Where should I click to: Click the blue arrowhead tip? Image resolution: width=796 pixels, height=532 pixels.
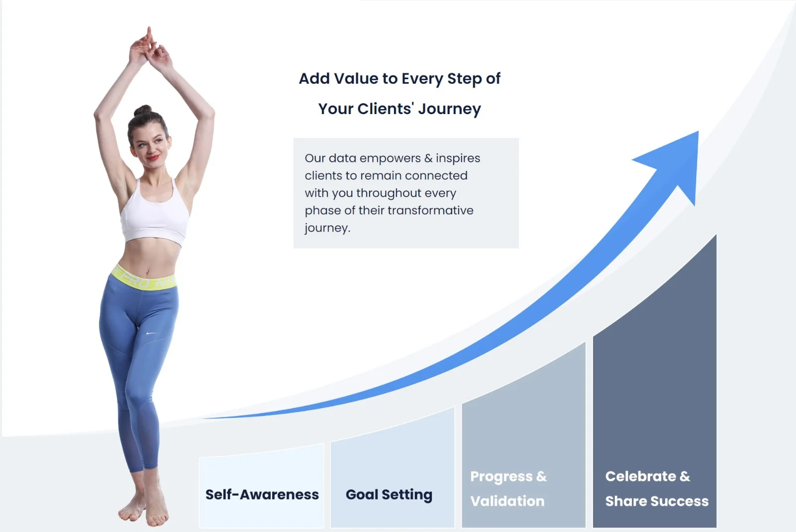coord(698,132)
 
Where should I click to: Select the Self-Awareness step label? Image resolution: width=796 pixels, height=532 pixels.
coord(262,495)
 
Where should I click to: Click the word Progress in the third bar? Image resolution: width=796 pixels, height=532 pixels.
coord(501,477)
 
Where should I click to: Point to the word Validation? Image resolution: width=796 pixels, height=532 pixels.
coord(507,501)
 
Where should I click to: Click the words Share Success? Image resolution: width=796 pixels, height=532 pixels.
coord(657,501)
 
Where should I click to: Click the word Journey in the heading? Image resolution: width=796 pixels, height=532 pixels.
coord(450,109)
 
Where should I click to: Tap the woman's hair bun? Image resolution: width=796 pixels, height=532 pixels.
coord(143,111)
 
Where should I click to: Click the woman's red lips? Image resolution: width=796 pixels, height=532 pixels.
coord(153,157)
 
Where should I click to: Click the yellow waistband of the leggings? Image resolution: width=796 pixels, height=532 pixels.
coord(143,278)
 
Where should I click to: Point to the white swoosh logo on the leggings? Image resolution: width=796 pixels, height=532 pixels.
coord(151,333)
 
